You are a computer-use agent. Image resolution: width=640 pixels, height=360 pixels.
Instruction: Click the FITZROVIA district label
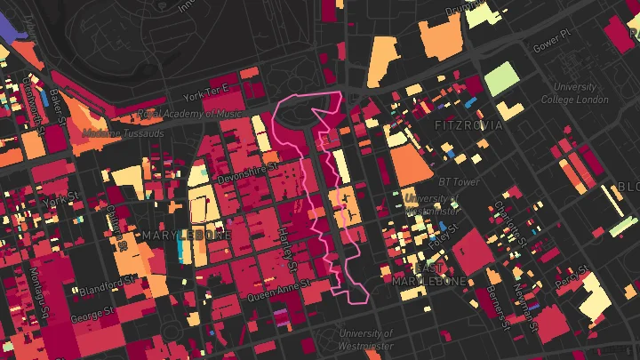point(468,125)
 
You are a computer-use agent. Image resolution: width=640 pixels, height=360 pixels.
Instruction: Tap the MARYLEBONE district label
point(174,235)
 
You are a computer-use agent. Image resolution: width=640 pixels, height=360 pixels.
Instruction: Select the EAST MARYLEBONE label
point(429,274)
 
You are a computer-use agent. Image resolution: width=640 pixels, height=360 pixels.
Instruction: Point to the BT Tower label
point(459,182)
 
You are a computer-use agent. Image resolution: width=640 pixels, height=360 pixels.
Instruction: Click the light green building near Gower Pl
point(500,77)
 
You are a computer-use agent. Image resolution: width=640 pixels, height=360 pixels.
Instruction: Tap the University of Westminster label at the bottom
point(366,339)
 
